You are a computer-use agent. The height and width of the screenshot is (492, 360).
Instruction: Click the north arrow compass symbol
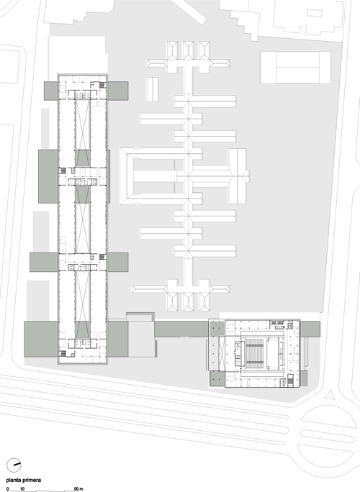click(x=14, y=465)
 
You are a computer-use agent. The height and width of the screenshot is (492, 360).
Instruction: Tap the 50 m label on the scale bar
click(x=78, y=489)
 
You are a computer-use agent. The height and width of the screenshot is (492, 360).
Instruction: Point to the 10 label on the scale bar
click(x=22, y=489)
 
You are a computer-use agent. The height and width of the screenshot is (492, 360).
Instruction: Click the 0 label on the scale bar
click(x=7, y=489)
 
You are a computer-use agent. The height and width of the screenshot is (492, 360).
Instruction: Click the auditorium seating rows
click(x=254, y=353)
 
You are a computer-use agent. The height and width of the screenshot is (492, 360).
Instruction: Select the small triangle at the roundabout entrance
click(x=330, y=395)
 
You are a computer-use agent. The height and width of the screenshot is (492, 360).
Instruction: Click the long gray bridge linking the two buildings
click(x=181, y=329)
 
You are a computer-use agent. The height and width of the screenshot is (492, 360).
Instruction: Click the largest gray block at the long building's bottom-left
click(x=41, y=339)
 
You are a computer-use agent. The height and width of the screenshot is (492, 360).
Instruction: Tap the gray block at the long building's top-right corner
click(x=118, y=91)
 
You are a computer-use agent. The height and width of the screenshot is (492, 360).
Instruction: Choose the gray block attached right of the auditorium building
click(x=310, y=329)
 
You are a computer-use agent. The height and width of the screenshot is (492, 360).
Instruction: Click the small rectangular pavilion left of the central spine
click(x=153, y=89)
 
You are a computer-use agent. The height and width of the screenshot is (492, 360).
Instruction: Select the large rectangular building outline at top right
click(x=295, y=68)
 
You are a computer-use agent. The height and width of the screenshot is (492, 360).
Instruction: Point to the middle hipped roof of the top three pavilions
click(x=189, y=50)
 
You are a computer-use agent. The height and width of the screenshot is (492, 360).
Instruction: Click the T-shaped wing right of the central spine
click(x=238, y=176)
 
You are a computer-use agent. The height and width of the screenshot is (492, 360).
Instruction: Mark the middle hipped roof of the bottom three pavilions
click(x=189, y=302)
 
